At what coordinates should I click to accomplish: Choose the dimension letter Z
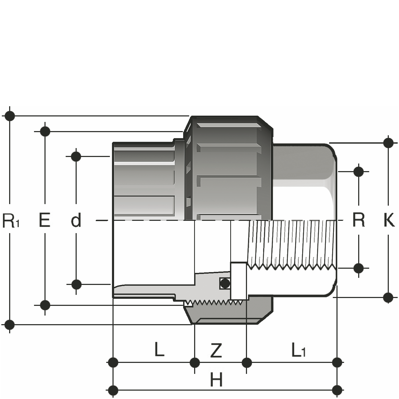click(x=216, y=351)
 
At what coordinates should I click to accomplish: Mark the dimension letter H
click(x=216, y=380)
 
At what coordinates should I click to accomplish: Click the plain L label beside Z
click(x=159, y=349)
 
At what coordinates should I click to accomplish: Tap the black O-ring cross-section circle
click(x=225, y=283)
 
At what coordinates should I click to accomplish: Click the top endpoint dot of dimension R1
click(x=10, y=116)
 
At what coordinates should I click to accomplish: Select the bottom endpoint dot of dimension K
click(x=388, y=297)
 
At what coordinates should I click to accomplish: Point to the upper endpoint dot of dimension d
click(x=76, y=157)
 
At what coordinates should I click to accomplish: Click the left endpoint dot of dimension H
click(x=113, y=390)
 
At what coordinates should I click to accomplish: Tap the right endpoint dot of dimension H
click(x=337, y=390)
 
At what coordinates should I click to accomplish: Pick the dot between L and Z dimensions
click(x=194, y=363)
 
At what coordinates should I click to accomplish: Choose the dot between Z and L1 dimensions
click(x=247, y=363)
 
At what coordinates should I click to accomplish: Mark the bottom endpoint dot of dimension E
click(x=45, y=305)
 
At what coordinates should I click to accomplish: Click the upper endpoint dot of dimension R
click(x=358, y=172)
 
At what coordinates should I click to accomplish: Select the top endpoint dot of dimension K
click(x=388, y=143)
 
